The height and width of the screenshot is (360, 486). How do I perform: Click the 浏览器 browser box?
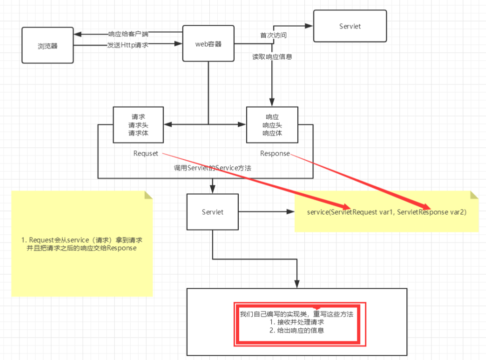[48, 45]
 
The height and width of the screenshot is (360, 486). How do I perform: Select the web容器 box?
[208, 44]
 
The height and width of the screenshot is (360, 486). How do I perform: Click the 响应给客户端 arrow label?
[128, 34]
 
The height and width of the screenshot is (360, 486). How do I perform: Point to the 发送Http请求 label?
[128, 45]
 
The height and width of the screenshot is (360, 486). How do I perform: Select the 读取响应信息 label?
[272, 57]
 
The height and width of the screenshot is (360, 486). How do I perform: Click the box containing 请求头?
[138, 124]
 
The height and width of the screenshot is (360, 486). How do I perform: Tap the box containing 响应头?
[272, 124]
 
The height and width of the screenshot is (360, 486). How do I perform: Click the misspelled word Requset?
[146, 153]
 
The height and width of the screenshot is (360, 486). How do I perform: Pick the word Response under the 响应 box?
[275, 153]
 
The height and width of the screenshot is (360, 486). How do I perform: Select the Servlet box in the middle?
[213, 212]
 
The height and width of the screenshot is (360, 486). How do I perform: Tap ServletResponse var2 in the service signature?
[430, 212]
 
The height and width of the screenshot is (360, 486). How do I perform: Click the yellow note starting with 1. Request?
[82, 243]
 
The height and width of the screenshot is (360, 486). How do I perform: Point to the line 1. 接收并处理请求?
[297, 322]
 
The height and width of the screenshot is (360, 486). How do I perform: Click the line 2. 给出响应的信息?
[297, 330]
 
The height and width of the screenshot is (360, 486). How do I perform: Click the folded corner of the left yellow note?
[148, 195]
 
